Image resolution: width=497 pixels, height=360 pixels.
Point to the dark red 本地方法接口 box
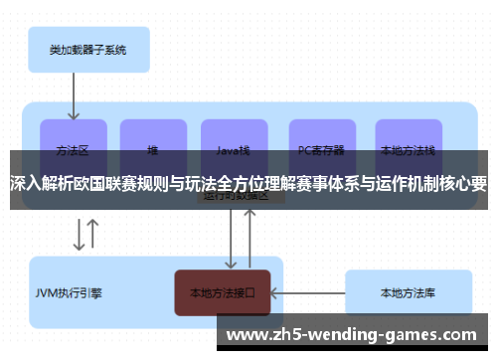click(x=223, y=293)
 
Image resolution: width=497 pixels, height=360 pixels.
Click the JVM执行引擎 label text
click(x=69, y=293)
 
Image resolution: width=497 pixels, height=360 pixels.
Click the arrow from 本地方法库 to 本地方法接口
click(x=308, y=292)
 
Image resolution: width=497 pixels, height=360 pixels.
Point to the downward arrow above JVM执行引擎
click(x=78, y=235)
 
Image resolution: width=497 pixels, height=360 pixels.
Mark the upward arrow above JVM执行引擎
click(x=93, y=235)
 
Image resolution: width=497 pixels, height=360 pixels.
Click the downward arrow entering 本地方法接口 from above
click(x=232, y=239)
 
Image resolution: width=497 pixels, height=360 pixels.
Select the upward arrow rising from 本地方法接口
click(x=251, y=239)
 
